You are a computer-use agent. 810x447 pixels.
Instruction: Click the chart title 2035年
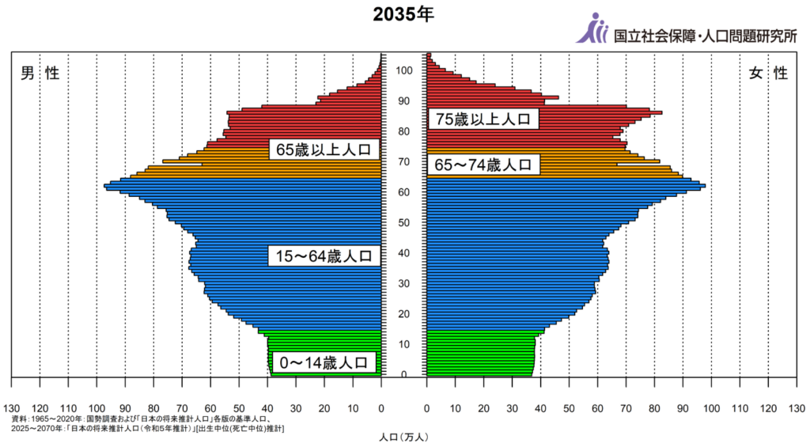point(403,16)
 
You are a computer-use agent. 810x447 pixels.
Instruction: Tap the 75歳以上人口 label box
point(483,119)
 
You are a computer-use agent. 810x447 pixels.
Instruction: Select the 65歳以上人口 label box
point(324,150)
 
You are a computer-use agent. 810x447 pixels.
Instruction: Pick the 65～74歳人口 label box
point(483,165)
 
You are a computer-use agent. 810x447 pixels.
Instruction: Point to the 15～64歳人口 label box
point(324,256)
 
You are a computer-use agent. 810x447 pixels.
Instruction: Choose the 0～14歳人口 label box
point(324,363)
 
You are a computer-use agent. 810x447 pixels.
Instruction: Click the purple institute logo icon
point(592,28)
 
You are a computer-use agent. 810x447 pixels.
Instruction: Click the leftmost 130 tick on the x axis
point(11,408)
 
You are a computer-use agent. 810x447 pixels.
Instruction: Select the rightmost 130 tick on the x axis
point(797,408)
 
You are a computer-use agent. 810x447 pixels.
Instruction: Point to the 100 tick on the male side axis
point(97,408)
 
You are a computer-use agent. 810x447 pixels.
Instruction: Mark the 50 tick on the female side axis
point(569,408)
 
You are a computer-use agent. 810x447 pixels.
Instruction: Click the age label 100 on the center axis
point(404,70)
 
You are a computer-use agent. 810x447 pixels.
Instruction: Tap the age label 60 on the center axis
point(404,192)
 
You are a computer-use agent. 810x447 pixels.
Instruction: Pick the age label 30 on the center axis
point(404,283)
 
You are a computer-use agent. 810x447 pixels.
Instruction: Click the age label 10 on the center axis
point(404,344)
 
